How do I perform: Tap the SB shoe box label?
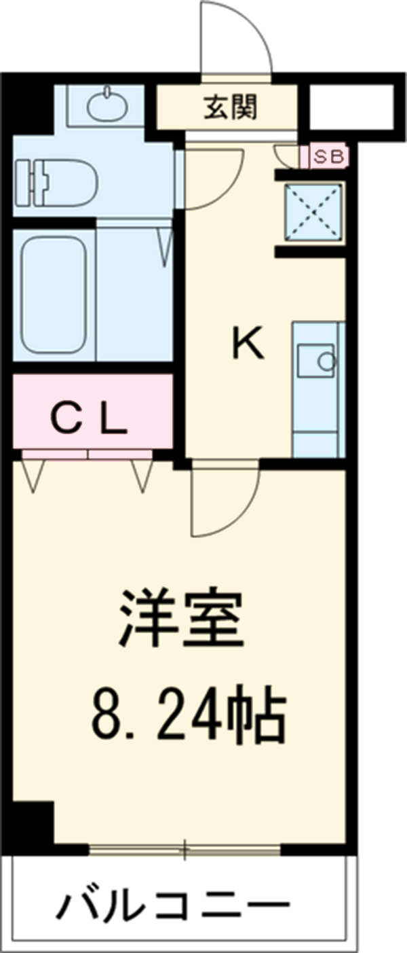329,157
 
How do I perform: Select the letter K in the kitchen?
248,345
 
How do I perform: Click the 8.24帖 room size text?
187,715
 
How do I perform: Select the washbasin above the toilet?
107,106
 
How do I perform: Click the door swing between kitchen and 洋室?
224,499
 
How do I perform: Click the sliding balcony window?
185,848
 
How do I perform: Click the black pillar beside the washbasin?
31,105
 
